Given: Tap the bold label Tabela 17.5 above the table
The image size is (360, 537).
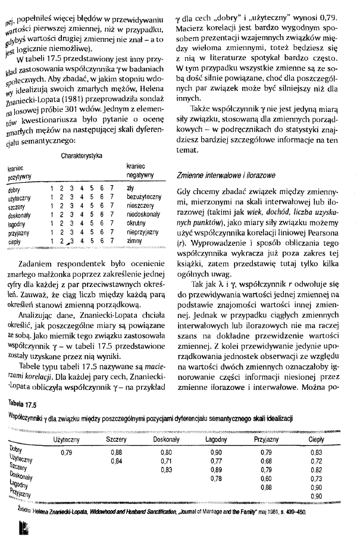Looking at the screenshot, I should [21, 405].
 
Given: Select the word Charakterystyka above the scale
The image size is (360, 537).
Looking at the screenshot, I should [81, 156].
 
